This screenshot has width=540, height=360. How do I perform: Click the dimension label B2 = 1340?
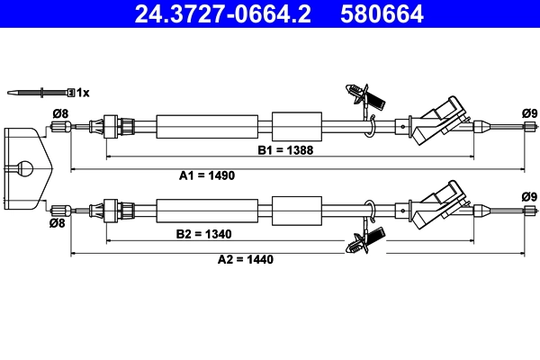pyautogui.click(x=204, y=234)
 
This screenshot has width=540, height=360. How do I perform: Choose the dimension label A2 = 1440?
pyautogui.click(x=245, y=259)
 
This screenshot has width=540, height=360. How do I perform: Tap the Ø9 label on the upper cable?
pyautogui.click(x=528, y=112)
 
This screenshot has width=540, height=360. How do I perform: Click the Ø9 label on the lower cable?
pyautogui.click(x=528, y=197)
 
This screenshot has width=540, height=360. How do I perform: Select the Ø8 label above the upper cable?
pyautogui.click(x=60, y=113)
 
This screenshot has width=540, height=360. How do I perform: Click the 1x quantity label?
pyautogui.click(x=83, y=92)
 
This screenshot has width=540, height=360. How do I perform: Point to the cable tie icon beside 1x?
pyautogui.click(x=40, y=92)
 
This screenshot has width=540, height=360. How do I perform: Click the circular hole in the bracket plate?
pyautogui.click(x=25, y=166)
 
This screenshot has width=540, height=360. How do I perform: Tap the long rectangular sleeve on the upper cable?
pyautogui.click(x=209, y=126)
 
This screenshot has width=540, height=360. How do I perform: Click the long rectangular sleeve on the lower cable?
pyautogui.click(x=209, y=211)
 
